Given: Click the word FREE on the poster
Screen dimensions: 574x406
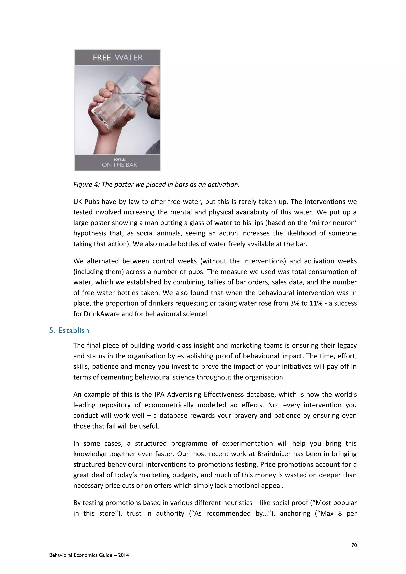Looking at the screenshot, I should [x=102, y=58].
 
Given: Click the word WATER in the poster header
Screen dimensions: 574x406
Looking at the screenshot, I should [x=129, y=58].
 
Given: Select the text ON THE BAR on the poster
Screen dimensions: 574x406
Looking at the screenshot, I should [x=120, y=165].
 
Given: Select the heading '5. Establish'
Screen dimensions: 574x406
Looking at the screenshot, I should [x=69, y=330].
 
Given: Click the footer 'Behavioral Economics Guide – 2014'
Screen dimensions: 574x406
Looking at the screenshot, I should [x=89, y=555].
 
